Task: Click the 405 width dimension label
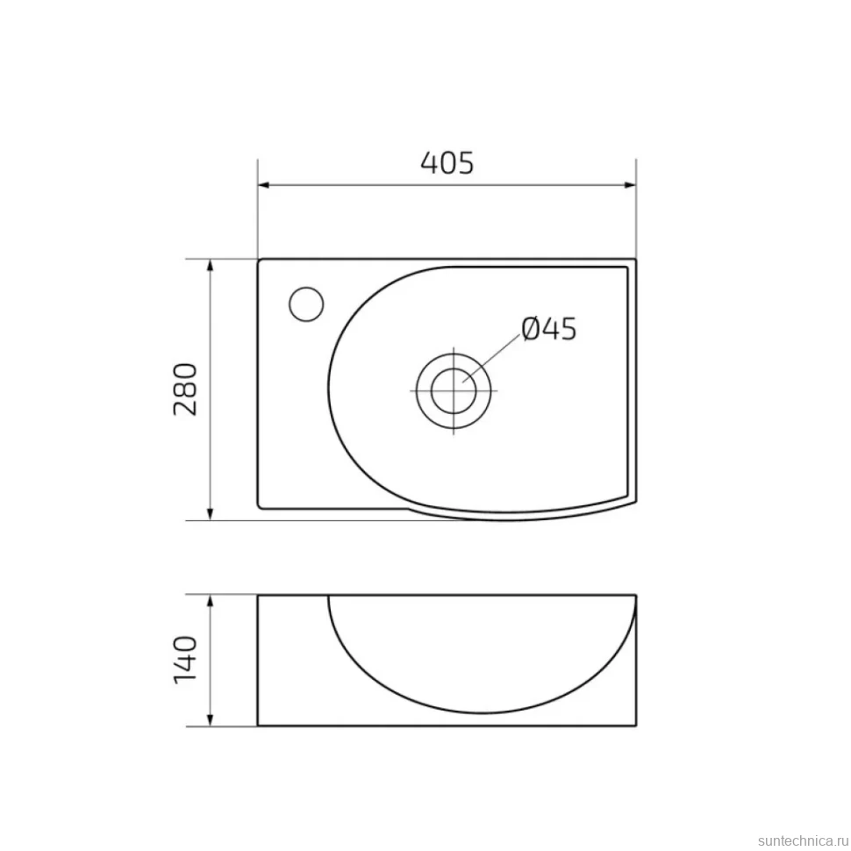(x=447, y=162)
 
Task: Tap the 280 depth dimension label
(x=185, y=390)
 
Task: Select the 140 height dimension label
(x=185, y=660)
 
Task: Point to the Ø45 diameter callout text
(x=548, y=329)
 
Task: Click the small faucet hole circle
(x=306, y=304)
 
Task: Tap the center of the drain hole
(x=454, y=390)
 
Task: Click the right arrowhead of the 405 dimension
(x=630, y=185)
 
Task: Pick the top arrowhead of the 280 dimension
(x=211, y=266)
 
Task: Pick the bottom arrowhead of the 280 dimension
(x=211, y=514)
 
